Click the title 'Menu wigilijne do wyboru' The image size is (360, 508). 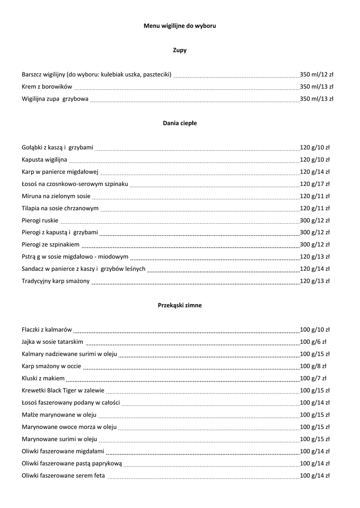point(180,25)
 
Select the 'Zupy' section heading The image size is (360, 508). point(180,50)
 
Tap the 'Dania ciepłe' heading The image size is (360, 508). point(180,123)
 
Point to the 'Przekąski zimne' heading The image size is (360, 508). point(180,306)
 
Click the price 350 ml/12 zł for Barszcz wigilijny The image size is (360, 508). point(317,74)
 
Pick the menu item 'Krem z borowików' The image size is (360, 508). point(47,87)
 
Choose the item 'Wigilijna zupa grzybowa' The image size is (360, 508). point(55,99)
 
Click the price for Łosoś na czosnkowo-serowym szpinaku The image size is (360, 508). point(315,184)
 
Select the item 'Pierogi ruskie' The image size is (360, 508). point(40,220)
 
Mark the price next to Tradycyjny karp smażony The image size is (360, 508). point(315,281)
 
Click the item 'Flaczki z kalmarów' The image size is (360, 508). point(47,330)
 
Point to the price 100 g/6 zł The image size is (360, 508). point(313,342)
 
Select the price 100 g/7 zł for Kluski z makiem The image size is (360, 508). point(313,379)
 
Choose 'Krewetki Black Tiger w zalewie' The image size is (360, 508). point(62,390)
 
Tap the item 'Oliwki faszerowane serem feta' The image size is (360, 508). point(64,476)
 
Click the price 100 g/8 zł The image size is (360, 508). point(313,366)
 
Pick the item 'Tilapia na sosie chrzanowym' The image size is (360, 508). point(60,208)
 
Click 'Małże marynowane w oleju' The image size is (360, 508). point(59,415)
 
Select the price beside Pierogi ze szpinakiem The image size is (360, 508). point(315,245)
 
